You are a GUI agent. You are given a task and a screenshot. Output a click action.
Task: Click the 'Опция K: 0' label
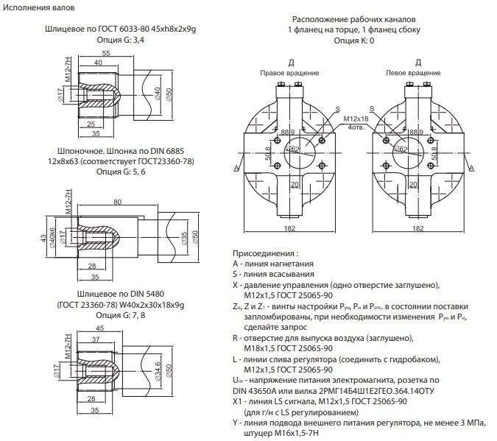tap(353, 40)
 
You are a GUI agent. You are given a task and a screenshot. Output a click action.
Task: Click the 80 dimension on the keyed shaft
tap(117, 201)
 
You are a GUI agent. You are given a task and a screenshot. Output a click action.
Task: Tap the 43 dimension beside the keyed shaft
tap(43, 239)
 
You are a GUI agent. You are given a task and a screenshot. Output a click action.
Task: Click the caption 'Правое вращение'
tap(289, 74)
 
